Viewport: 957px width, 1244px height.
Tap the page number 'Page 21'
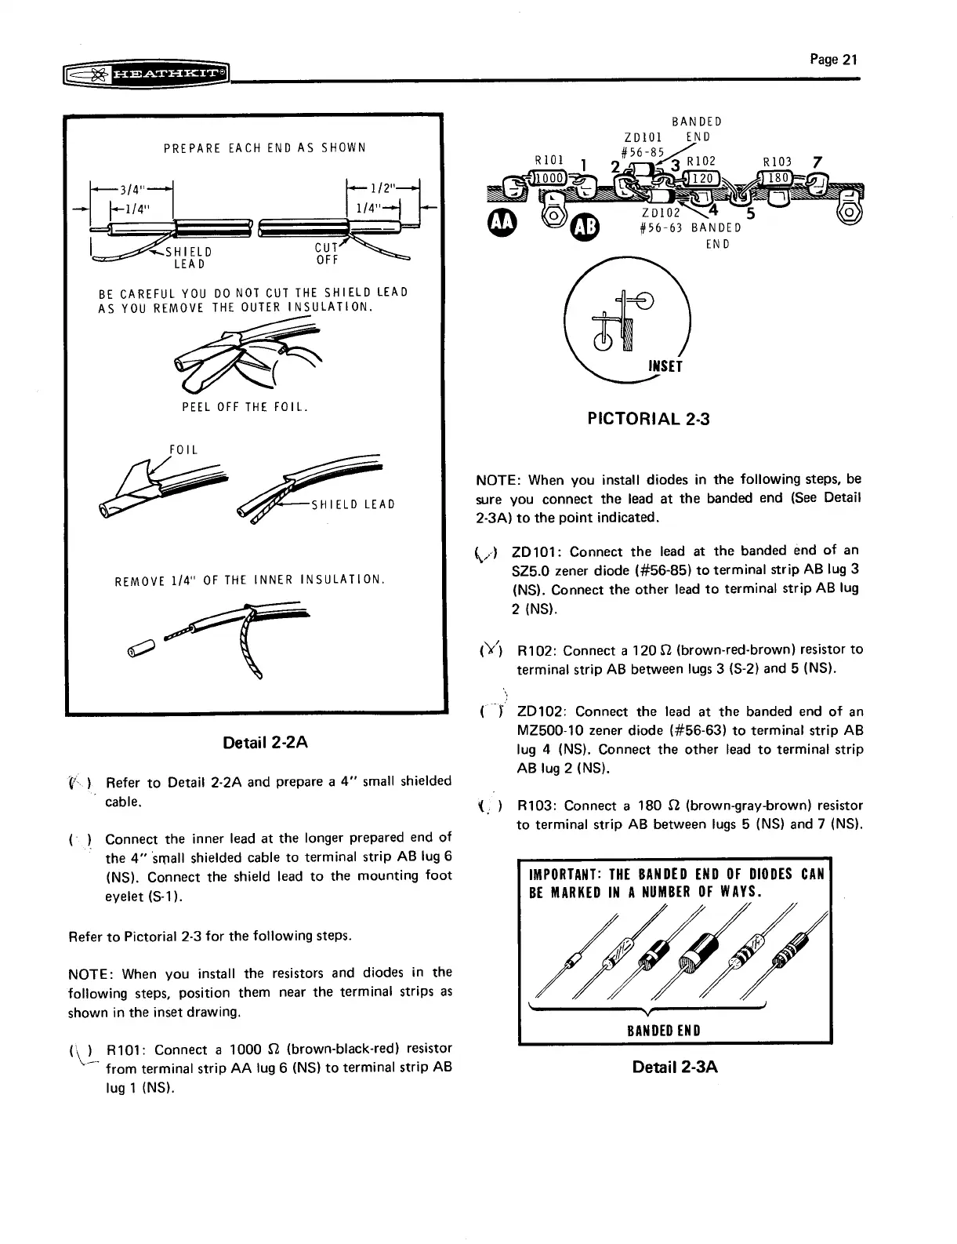[836, 60]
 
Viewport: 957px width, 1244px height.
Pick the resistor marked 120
[704, 179]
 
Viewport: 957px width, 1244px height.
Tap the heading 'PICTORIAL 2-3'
[648, 419]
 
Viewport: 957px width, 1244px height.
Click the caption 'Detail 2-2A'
[265, 742]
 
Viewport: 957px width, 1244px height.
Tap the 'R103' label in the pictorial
[778, 162]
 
